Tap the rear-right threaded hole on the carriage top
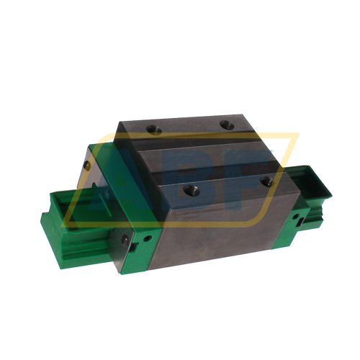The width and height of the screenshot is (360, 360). (x=228, y=125)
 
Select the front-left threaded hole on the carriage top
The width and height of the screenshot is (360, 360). (x=191, y=190)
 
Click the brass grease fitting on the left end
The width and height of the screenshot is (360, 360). (x=87, y=166)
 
